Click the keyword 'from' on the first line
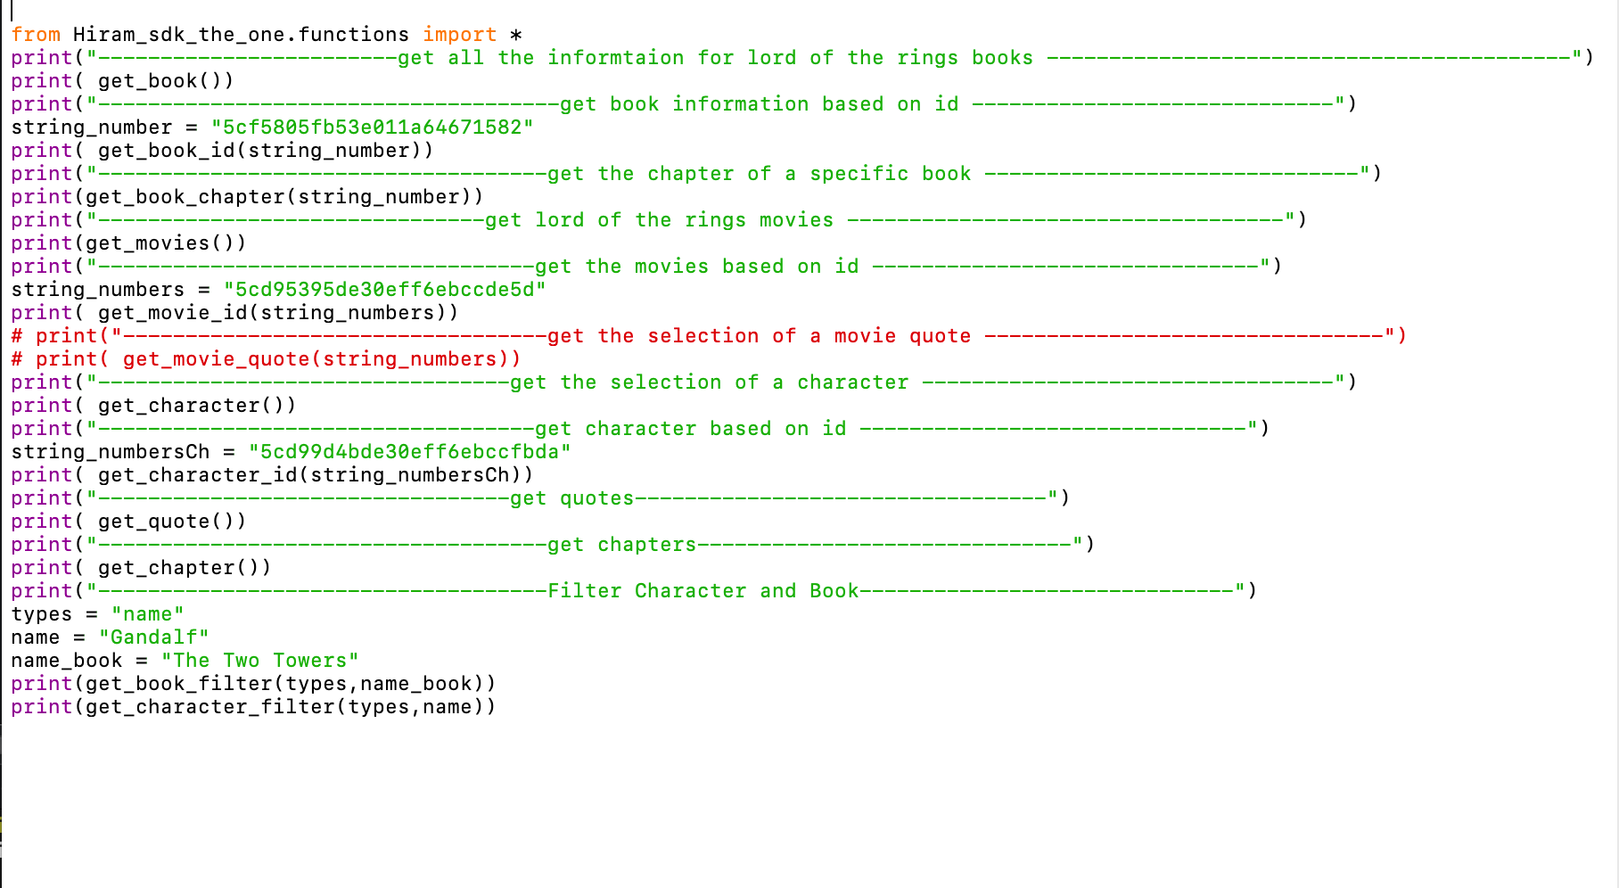36,35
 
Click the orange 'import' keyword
459,35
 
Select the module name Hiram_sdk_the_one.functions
241,35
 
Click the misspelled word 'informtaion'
615,58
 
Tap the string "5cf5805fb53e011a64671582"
372,127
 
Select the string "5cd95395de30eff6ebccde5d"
384,290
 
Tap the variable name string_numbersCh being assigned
110,452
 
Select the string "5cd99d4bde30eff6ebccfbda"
409,452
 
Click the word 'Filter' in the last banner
584,591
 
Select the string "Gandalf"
153,637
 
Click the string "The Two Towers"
259,661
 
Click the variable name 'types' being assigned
41,614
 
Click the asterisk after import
515,36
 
